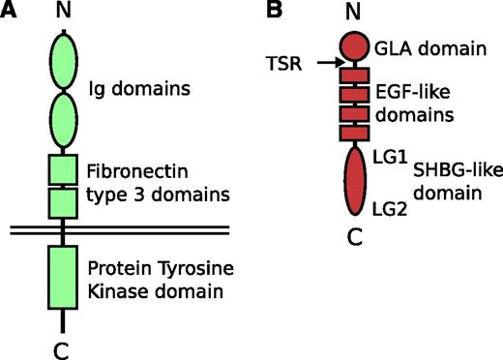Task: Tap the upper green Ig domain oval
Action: pos(62,60)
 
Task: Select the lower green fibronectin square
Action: pos(62,202)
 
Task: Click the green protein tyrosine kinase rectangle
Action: pos(62,276)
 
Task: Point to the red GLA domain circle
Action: pos(355,47)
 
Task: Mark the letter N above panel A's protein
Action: pos(62,13)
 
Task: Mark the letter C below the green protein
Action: pos(62,345)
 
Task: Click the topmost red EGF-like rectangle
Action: pos(354,75)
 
